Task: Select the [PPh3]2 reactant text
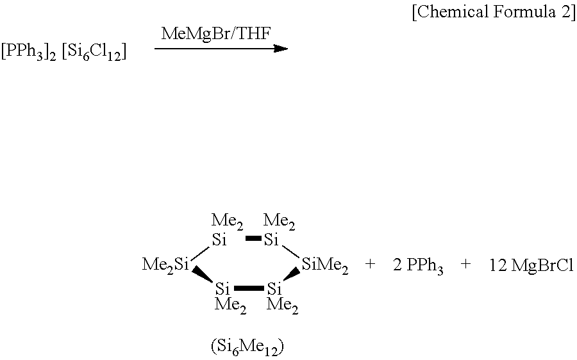[28, 53]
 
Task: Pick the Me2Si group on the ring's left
[165, 265]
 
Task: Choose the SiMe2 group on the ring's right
[325, 265]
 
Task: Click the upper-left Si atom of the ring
[220, 240]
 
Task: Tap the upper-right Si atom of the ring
[271, 240]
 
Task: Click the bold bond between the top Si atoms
[253, 240]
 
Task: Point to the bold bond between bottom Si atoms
[249, 288]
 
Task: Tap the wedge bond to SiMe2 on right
[292, 275]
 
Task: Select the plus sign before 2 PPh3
[370, 265]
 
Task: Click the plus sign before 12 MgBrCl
[466, 265]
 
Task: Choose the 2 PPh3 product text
[418, 266]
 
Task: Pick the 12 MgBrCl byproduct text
[530, 265]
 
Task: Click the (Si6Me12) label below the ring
[247, 347]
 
